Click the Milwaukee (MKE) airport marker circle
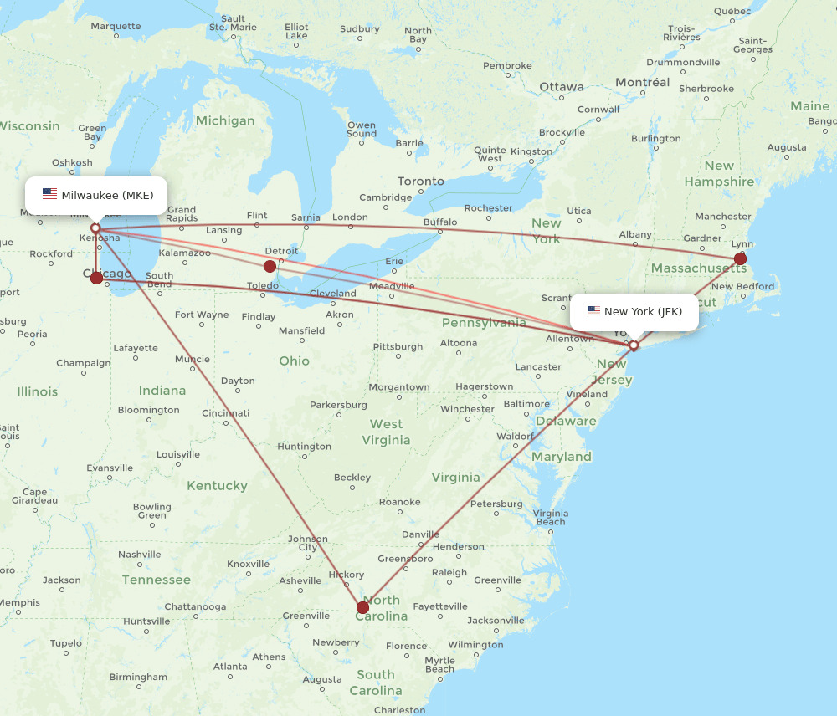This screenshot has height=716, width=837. pyautogui.click(x=95, y=228)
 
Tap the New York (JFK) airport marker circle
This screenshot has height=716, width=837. pyautogui.click(x=634, y=345)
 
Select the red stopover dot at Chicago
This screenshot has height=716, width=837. pyautogui.click(x=97, y=278)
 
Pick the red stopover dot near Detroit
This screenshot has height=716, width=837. pyautogui.click(x=270, y=266)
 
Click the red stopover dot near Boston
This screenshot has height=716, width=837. pyautogui.click(x=740, y=258)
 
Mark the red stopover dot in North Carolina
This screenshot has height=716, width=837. pyautogui.click(x=362, y=607)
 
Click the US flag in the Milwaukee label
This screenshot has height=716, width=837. pyautogui.click(x=50, y=195)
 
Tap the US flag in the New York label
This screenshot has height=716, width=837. pyautogui.click(x=593, y=311)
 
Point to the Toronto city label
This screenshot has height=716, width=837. pyautogui.click(x=421, y=182)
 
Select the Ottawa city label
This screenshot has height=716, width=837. pyautogui.click(x=562, y=87)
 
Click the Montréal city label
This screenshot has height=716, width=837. pyautogui.click(x=643, y=82)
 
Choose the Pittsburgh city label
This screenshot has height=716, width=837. pyautogui.click(x=398, y=346)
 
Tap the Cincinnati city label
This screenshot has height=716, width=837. pyautogui.click(x=225, y=412)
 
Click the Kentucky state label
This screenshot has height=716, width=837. pyautogui.click(x=217, y=485)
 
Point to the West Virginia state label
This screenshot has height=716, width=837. pyautogui.click(x=386, y=432)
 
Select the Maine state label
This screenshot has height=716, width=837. pyautogui.click(x=809, y=106)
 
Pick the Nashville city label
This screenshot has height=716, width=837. pyautogui.click(x=140, y=555)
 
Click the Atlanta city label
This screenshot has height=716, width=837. pyautogui.click(x=230, y=667)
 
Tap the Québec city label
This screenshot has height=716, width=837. pyautogui.click(x=734, y=11)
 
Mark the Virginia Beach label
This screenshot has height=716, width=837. pyautogui.click(x=550, y=518)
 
